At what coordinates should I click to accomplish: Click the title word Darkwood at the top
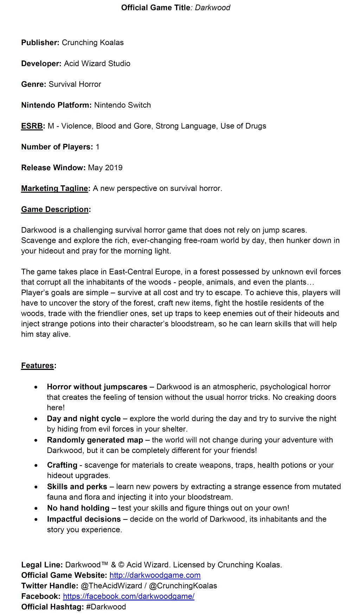[212, 8]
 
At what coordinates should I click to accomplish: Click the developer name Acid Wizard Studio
[97, 64]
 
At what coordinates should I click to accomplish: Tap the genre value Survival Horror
[75, 84]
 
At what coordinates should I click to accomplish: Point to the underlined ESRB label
[32, 126]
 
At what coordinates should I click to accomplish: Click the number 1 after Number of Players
[97, 147]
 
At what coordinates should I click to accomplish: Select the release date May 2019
[105, 168]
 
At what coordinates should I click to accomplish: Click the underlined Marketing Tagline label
[54, 188]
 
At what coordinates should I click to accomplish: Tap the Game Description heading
[55, 210]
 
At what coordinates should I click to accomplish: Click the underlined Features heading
[38, 366]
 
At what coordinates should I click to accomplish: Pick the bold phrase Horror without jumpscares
[97, 387]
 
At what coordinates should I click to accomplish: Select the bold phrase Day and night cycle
[84, 418]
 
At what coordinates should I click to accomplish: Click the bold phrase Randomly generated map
[95, 440]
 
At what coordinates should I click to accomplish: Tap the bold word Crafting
[62, 465]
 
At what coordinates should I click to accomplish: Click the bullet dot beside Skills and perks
[36, 487]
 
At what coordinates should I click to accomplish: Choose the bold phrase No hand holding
[78, 508]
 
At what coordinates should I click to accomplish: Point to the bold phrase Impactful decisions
[84, 519]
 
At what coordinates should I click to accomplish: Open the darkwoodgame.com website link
[155, 575]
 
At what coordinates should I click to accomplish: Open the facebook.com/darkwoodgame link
[129, 596]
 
